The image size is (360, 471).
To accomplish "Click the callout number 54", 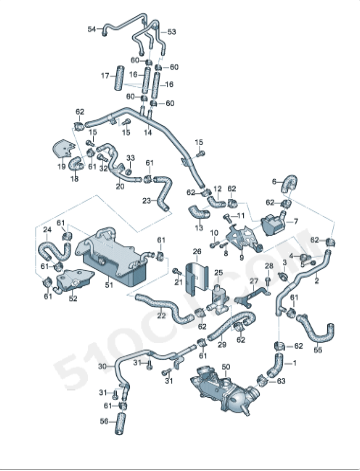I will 91,29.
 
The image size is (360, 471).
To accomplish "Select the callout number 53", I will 171,32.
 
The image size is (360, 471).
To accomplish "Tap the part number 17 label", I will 104,75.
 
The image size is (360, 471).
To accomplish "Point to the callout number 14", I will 148,132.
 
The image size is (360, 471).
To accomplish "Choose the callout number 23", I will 146,200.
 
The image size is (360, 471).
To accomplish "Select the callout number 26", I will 197,251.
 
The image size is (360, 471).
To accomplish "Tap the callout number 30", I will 102,367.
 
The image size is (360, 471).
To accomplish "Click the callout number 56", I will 104,422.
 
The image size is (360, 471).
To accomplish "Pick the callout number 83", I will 281,381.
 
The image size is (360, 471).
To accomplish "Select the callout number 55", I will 318,351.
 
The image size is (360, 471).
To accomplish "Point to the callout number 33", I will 129,158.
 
